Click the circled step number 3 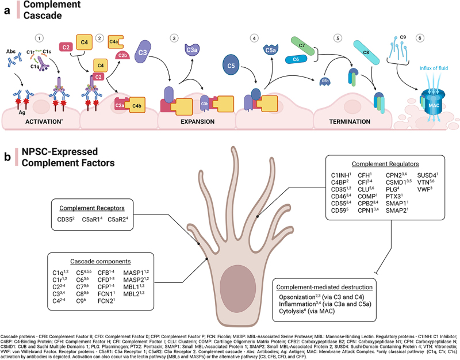click(173, 39)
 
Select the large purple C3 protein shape click(144, 55)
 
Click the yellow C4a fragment click(114, 41)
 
